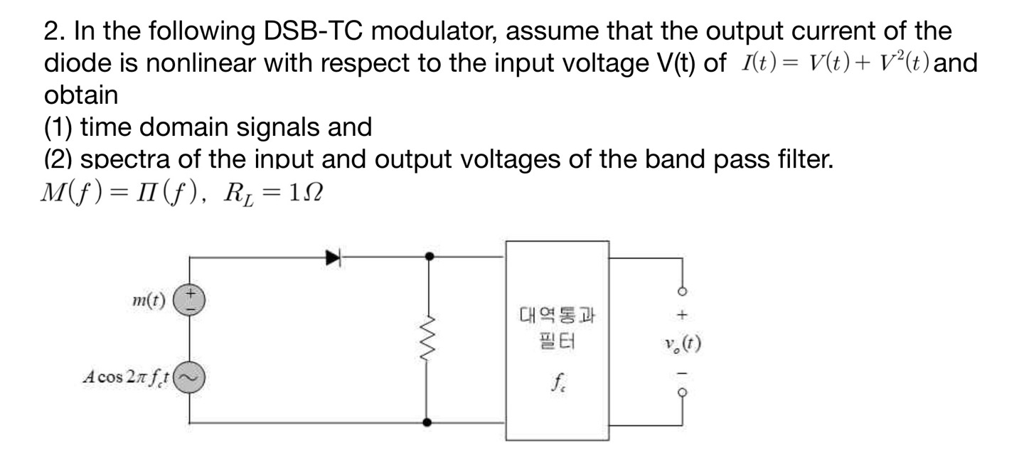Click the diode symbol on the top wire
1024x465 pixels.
pyautogui.click(x=334, y=257)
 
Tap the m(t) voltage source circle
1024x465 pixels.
pyautogui.click(x=190, y=300)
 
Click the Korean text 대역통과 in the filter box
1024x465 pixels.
pyautogui.click(x=558, y=314)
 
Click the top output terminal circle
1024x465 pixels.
pyautogui.click(x=683, y=289)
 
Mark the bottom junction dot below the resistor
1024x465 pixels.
pyautogui.click(x=427, y=422)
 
